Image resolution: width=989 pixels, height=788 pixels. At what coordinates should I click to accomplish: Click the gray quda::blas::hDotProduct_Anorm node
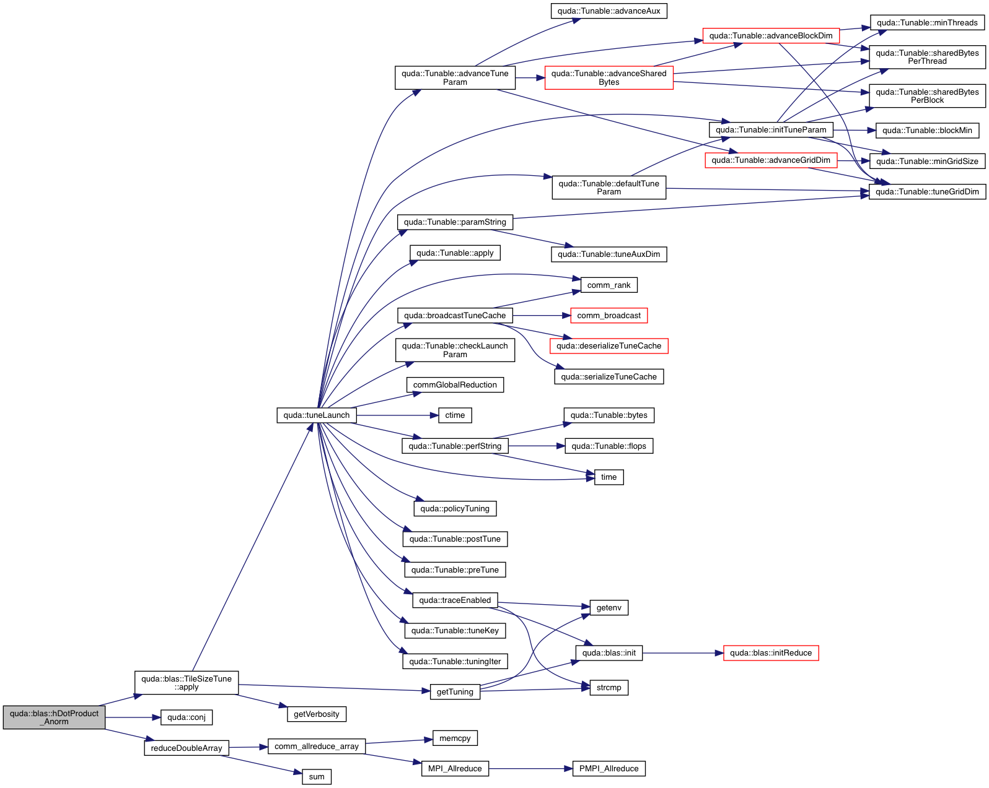coord(54,717)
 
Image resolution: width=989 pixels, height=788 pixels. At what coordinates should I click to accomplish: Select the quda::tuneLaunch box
coord(317,415)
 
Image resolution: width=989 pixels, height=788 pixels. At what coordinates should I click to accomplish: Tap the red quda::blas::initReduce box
coord(771,653)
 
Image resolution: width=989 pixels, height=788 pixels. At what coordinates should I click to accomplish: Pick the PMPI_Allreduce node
coord(609,769)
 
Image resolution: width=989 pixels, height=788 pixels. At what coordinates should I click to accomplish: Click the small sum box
coord(317,777)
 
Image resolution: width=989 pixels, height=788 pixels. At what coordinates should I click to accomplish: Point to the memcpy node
coord(455,738)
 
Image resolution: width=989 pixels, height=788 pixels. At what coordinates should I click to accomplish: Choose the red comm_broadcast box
coord(609,316)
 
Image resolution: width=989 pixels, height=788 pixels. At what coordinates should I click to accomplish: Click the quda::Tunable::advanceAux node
coord(609,11)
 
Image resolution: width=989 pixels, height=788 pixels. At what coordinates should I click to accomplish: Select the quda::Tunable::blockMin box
coord(927,131)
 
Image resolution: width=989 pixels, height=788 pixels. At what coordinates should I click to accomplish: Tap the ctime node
coord(455,415)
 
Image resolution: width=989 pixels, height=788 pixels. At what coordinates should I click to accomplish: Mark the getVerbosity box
coord(317,714)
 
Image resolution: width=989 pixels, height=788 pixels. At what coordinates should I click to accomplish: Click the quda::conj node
coord(187,717)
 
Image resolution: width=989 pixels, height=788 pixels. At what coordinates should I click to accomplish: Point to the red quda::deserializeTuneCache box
coord(609,346)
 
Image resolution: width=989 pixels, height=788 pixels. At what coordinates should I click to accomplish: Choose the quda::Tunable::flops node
coord(609,446)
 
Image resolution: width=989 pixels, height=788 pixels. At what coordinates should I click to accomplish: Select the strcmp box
coord(609,688)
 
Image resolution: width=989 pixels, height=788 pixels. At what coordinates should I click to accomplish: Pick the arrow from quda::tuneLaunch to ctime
coord(397,415)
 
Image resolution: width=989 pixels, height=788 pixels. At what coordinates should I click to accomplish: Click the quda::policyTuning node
coord(455,509)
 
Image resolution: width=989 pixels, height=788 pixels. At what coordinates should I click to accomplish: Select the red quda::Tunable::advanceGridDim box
coord(771,160)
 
